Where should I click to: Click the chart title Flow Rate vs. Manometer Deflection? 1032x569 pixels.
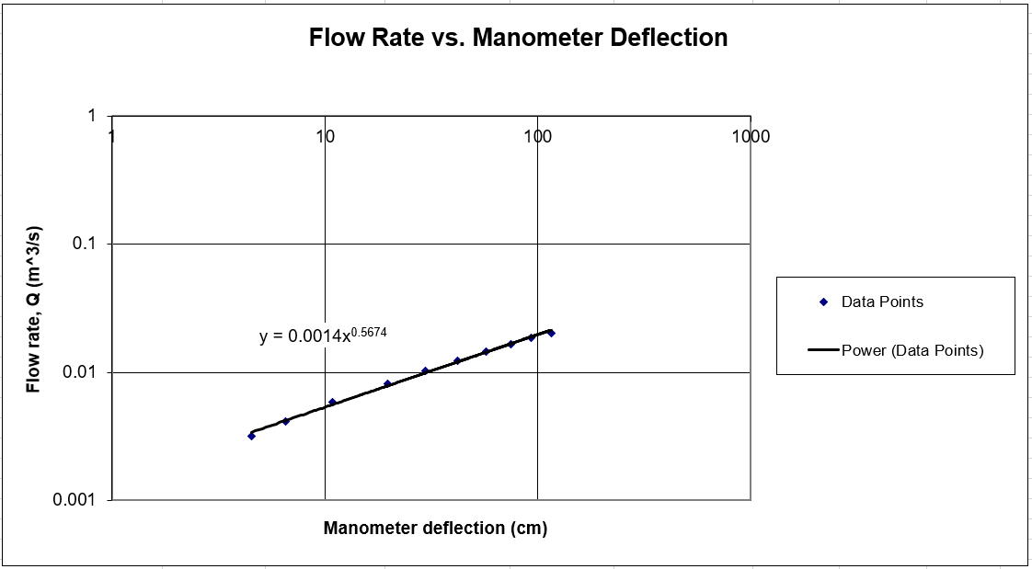coord(518,38)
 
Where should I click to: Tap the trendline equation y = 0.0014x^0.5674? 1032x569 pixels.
coord(323,336)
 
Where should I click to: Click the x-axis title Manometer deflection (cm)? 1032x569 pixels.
coord(435,529)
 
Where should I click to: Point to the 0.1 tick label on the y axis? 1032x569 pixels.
coord(84,245)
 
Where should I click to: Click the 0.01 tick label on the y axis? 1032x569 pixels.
coord(80,372)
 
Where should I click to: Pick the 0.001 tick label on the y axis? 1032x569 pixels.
coord(75,500)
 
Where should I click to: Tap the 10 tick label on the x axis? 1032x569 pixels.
coord(324,137)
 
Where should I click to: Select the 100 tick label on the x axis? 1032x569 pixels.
coord(537,137)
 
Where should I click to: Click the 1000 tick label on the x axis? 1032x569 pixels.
coord(751,137)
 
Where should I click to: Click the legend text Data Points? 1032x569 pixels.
coord(882,302)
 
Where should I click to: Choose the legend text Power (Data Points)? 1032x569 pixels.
coord(912,350)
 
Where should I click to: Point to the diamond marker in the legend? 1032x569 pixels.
coord(823,302)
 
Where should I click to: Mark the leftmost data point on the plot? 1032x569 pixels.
coord(251,436)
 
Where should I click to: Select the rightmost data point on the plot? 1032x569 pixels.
coord(551,333)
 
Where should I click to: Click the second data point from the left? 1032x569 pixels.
coord(286,421)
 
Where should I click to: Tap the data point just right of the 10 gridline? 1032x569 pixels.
coord(332,402)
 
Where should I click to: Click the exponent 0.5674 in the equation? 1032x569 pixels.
coord(370,331)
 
